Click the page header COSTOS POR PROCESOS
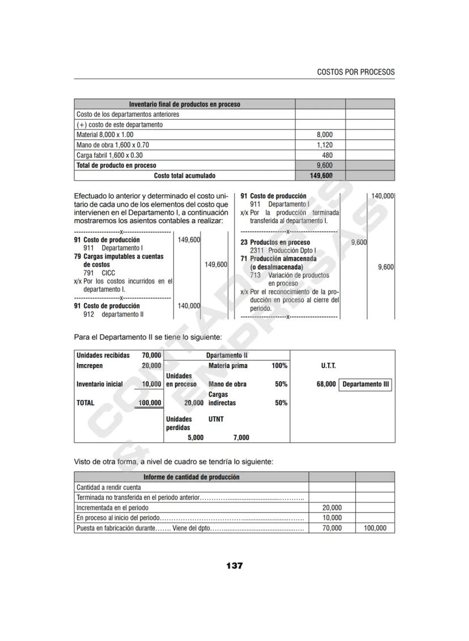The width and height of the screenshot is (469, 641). click(356, 72)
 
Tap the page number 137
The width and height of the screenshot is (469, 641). click(234, 565)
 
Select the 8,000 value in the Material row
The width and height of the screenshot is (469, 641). click(325, 135)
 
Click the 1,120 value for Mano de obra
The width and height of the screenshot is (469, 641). click(325, 145)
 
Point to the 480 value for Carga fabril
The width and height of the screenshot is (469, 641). click(327, 155)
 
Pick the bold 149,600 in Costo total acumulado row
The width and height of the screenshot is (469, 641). click(321, 176)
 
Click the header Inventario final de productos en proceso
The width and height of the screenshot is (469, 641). click(185, 104)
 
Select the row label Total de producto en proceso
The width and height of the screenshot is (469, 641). click(116, 165)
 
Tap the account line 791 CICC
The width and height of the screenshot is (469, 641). click(99, 273)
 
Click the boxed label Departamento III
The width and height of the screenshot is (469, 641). click(366, 384)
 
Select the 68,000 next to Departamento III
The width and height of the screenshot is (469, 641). click(326, 384)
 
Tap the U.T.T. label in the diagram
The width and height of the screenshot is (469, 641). click(328, 366)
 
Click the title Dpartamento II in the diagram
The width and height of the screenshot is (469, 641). click(227, 356)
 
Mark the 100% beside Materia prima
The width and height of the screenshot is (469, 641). click(279, 366)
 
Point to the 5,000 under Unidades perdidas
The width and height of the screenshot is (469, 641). click(195, 437)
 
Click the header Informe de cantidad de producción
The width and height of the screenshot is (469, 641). click(191, 477)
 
